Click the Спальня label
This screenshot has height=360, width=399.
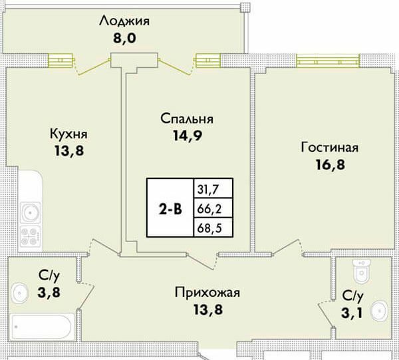(186, 119)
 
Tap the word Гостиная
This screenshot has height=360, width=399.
(329, 147)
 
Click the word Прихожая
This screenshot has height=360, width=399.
(207, 292)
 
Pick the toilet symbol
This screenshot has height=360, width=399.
(360, 271)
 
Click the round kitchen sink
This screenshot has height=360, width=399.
(29, 214)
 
